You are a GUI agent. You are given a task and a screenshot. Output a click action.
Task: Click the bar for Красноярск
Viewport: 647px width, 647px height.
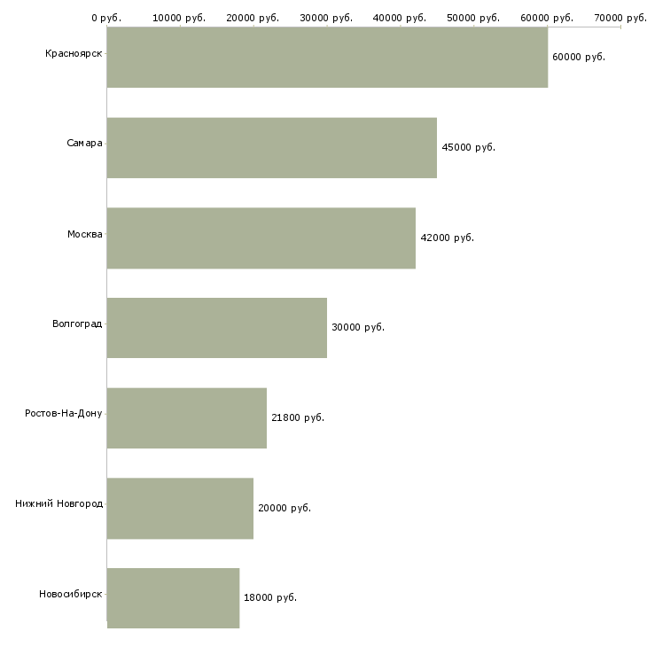(x=327, y=58)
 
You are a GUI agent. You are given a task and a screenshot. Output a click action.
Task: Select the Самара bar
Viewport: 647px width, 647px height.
(x=272, y=148)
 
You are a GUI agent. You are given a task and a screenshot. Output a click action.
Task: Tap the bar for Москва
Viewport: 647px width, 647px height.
(x=261, y=238)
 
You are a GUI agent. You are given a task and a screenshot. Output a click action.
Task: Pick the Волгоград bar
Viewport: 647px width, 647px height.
(x=217, y=328)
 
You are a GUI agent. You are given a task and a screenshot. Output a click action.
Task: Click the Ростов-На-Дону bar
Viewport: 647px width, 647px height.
(x=187, y=418)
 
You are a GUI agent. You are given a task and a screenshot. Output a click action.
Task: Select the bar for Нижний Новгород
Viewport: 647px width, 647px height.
(x=180, y=509)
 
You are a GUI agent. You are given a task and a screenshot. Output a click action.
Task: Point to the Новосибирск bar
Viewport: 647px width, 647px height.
(x=174, y=598)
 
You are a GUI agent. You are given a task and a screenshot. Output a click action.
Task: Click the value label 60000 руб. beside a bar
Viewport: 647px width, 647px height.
(x=579, y=57)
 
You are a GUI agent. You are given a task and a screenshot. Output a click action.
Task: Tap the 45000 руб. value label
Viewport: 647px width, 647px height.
(x=468, y=147)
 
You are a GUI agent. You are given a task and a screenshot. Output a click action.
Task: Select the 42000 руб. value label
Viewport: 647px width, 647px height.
(x=447, y=238)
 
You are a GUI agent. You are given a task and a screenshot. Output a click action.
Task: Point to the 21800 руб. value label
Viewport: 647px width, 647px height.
(x=298, y=417)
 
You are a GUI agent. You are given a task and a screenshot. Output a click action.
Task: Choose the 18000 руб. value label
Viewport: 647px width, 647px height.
(x=270, y=597)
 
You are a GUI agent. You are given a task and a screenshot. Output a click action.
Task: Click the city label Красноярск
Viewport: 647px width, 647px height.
(x=74, y=54)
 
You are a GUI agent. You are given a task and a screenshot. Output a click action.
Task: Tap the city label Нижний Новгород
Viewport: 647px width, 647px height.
(x=58, y=503)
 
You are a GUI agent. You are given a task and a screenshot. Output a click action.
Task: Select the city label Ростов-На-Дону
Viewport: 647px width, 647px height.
(x=63, y=413)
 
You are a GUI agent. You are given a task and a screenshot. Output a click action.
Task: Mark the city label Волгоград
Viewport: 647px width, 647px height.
(x=77, y=323)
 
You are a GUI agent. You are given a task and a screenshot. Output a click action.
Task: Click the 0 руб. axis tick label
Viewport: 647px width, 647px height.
(x=106, y=18)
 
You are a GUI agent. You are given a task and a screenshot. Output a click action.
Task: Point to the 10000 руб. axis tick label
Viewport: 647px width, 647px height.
(x=179, y=18)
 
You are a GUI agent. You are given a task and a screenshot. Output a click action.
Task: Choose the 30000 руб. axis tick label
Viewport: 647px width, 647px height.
(x=326, y=18)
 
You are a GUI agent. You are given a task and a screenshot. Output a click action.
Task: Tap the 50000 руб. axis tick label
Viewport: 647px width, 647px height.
(x=473, y=18)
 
